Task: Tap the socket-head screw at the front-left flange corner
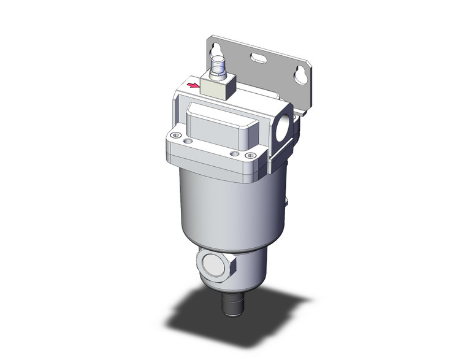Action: (x=176, y=135)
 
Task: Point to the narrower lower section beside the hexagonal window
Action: (x=248, y=276)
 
